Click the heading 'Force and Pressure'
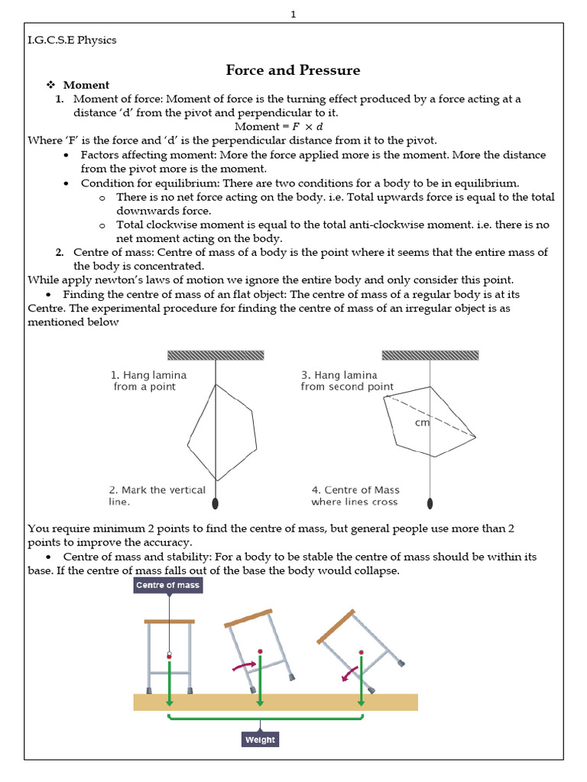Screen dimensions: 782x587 click(x=293, y=70)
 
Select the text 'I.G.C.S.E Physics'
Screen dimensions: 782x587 click(x=72, y=40)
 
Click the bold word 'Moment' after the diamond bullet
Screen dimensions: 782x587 click(x=86, y=85)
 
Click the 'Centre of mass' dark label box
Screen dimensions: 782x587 click(x=167, y=586)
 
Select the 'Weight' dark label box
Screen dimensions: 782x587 click(x=260, y=740)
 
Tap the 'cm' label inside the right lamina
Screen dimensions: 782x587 click(x=421, y=422)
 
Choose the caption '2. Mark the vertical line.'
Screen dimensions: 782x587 click(x=156, y=496)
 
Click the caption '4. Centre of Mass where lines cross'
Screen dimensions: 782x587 click(x=355, y=496)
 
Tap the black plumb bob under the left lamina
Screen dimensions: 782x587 click(x=216, y=503)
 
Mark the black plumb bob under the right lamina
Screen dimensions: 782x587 click(x=430, y=503)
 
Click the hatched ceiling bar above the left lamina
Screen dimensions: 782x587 click(x=216, y=355)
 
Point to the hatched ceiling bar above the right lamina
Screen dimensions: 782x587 click(x=430, y=355)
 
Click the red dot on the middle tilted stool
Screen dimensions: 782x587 click(x=260, y=651)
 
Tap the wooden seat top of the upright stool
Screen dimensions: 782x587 click(x=169, y=621)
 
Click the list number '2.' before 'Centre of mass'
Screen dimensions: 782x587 click(x=60, y=252)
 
